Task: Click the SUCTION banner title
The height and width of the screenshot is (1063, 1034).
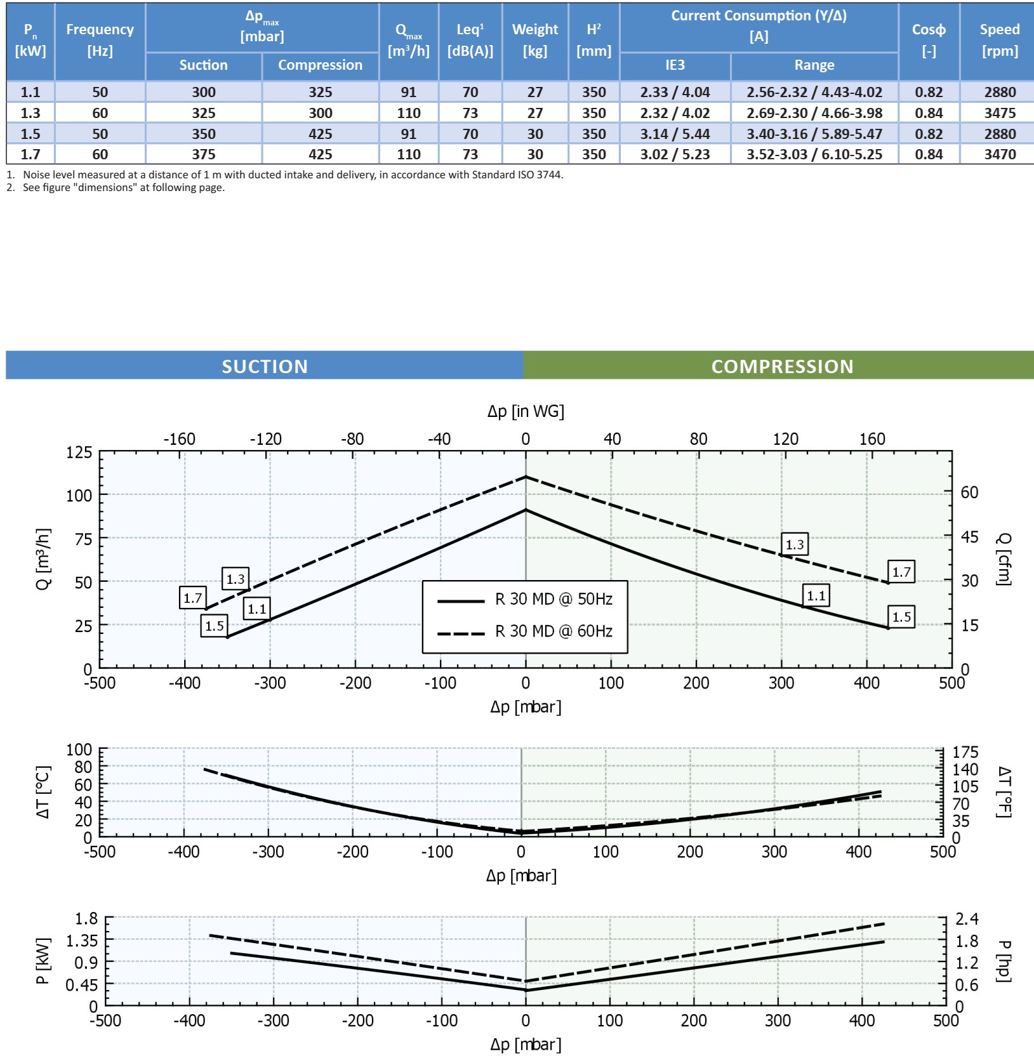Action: point(265,366)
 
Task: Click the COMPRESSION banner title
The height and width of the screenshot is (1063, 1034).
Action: point(782,366)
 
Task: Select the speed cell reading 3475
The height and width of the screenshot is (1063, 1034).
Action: point(1000,113)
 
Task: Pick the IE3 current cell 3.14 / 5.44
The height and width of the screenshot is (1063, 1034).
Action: point(675,134)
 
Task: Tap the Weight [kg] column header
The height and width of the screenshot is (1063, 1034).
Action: point(535,40)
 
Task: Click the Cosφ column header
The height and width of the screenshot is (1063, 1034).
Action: point(929,40)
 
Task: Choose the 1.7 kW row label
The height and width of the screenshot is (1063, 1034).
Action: point(30,154)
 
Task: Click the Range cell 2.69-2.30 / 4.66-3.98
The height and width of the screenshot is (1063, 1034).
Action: point(814,113)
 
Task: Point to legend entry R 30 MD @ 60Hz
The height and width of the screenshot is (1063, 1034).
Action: point(553,631)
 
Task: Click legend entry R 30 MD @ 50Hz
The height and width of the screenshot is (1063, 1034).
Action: point(553,599)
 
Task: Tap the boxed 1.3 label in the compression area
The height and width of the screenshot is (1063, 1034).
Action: point(794,544)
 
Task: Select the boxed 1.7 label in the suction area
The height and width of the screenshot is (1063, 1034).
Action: point(192,597)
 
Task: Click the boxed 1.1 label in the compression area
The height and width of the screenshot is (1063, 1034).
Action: point(816,595)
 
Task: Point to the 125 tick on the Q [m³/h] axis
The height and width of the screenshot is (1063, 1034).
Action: point(79,452)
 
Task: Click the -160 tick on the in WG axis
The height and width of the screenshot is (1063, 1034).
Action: point(180,439)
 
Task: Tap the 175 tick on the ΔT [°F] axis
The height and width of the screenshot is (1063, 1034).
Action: point(965,752)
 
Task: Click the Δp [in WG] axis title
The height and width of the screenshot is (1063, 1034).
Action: point(526,411)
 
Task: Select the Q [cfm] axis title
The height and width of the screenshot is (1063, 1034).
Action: point(1003,559)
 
